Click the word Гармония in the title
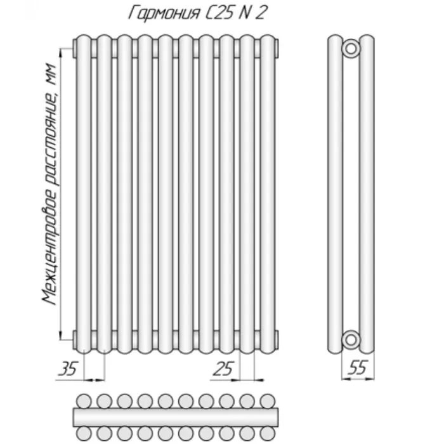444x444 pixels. click(x=164, y=13)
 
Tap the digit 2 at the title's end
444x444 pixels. click(x=260, y=13)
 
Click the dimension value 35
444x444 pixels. click(x=68, y=369)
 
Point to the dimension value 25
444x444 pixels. click(x=223, y=369)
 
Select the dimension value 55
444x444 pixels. click(x=358, y=367)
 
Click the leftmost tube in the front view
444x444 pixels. click(x=84, y=194)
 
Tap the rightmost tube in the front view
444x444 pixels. click(x=267, y=194)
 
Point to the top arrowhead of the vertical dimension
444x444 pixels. click(x=61, y=53)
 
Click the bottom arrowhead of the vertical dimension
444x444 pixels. click(x=61, y=336)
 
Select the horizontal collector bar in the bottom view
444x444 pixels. click(x=176, y=417)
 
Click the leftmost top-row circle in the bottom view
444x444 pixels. click(x=84, y=401)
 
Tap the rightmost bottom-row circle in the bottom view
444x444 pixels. click(x=267, y=433)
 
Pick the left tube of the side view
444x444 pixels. click(x=336, y=194)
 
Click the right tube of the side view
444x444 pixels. click(x=367, y=194)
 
